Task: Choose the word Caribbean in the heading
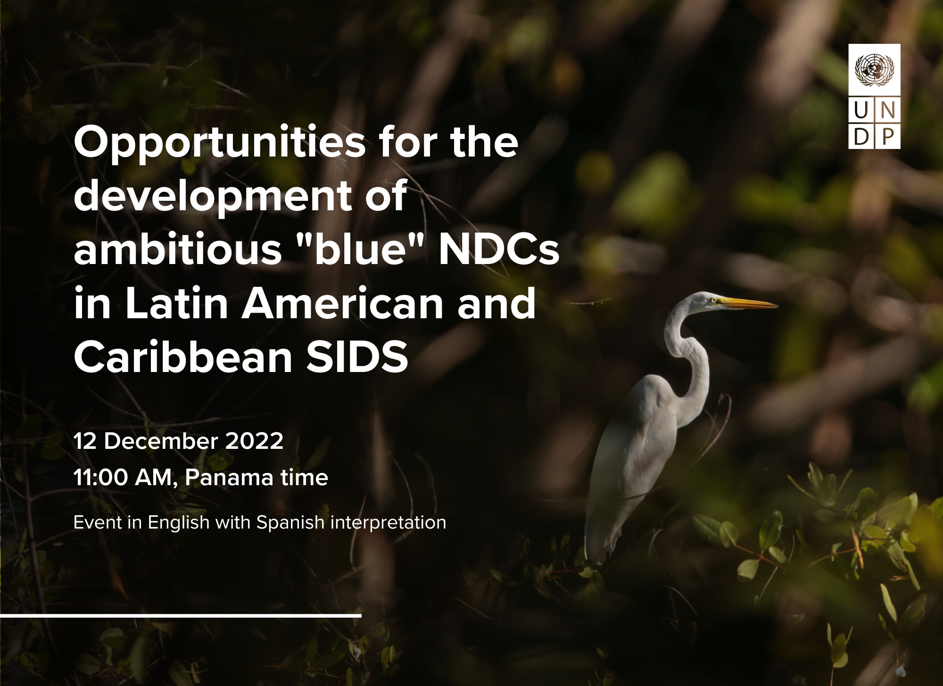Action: pyautogui.click(x=183, y=356)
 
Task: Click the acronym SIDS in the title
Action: pyautogui.click(x=357, y=357)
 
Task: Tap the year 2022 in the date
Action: pyautogui.click(x=255, y=441)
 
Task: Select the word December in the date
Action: pyautogui.click(x=161, y=441)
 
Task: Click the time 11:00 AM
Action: pyautogui.click(x=125, y=478)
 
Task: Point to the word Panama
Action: pyautogui.click(x=229, y=478)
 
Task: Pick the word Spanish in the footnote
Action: pyautogui.click(x=290, y=523)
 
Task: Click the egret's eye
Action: pyautogui.click(x=713, y=299)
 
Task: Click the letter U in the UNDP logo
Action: pyautogui.click(x=861, y=111)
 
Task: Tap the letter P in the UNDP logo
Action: pyautogui.click(x=888, y=137)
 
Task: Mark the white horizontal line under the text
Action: pyautogui.click(x=181, y=616)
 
